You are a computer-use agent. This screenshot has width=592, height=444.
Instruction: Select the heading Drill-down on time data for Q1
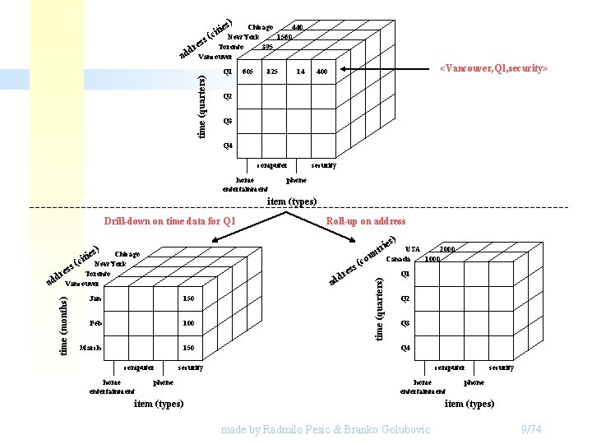click(x=169, y=221)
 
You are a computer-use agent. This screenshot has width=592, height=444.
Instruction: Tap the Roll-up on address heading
click(x=366, y=221)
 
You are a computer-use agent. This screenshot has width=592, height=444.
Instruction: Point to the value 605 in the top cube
click(x=247, y=72)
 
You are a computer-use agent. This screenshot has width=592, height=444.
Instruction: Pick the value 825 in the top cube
click(x=272, y=72)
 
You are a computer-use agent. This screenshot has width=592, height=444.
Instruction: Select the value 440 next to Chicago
click(x=297, y=27)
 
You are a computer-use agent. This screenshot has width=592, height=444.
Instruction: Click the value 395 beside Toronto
click(x=267, y=47)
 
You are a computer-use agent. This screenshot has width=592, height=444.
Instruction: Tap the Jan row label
click(x=95, y=298)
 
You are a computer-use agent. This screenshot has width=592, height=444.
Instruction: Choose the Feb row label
click(x=95, y=323)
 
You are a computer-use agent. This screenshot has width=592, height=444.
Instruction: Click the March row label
click(x=90, y=348)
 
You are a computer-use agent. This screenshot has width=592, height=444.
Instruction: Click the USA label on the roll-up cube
click(x=413, y=249)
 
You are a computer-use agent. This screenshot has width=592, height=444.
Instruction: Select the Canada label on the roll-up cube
click(x=398, y=259)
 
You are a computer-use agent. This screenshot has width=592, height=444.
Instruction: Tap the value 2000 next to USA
click(x=447, y=249)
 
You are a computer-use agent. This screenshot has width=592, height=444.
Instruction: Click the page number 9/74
click(x=532, y=430)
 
